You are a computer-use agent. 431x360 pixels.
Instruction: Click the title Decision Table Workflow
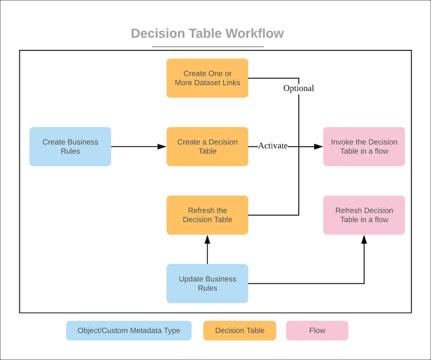click(x=207, y=34)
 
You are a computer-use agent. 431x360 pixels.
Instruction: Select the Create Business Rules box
click(x=70, y=146)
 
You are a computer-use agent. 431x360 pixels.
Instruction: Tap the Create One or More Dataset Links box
click(x=207, y=78)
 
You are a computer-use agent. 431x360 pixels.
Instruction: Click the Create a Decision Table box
click(x=207, y=146)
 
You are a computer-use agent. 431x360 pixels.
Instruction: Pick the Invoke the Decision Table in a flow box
click(x=364, y=146)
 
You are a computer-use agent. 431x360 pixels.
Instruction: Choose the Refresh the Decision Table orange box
click(x=207, y=215)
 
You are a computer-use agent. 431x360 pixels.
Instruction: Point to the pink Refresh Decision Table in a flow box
click(x=364, y=215)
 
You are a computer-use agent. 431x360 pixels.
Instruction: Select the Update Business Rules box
click(x=207, y=283)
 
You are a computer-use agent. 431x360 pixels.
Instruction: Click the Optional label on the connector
click(x=298, y=88)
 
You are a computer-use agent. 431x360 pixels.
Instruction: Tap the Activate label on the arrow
click(x=273, y=146)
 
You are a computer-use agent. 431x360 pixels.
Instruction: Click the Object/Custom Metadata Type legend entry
click(x=129, y=331)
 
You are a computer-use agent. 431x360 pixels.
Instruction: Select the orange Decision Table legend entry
click(x=240, y=331)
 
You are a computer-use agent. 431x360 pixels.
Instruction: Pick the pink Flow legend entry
click(x=317, y=331)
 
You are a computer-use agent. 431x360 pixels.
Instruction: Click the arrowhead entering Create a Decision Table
click(x=162, y=146)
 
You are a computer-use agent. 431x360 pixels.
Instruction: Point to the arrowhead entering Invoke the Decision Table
click(x=318, y=146)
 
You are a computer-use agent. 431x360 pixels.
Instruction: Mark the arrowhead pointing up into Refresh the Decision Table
click(x=207, y=239)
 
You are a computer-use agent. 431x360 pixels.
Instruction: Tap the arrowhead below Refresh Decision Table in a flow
click(x=364, y=239)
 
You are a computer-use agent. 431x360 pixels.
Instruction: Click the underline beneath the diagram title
click(x=207, y=46)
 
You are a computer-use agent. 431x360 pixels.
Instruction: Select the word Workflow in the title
click(x=255, y=34)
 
